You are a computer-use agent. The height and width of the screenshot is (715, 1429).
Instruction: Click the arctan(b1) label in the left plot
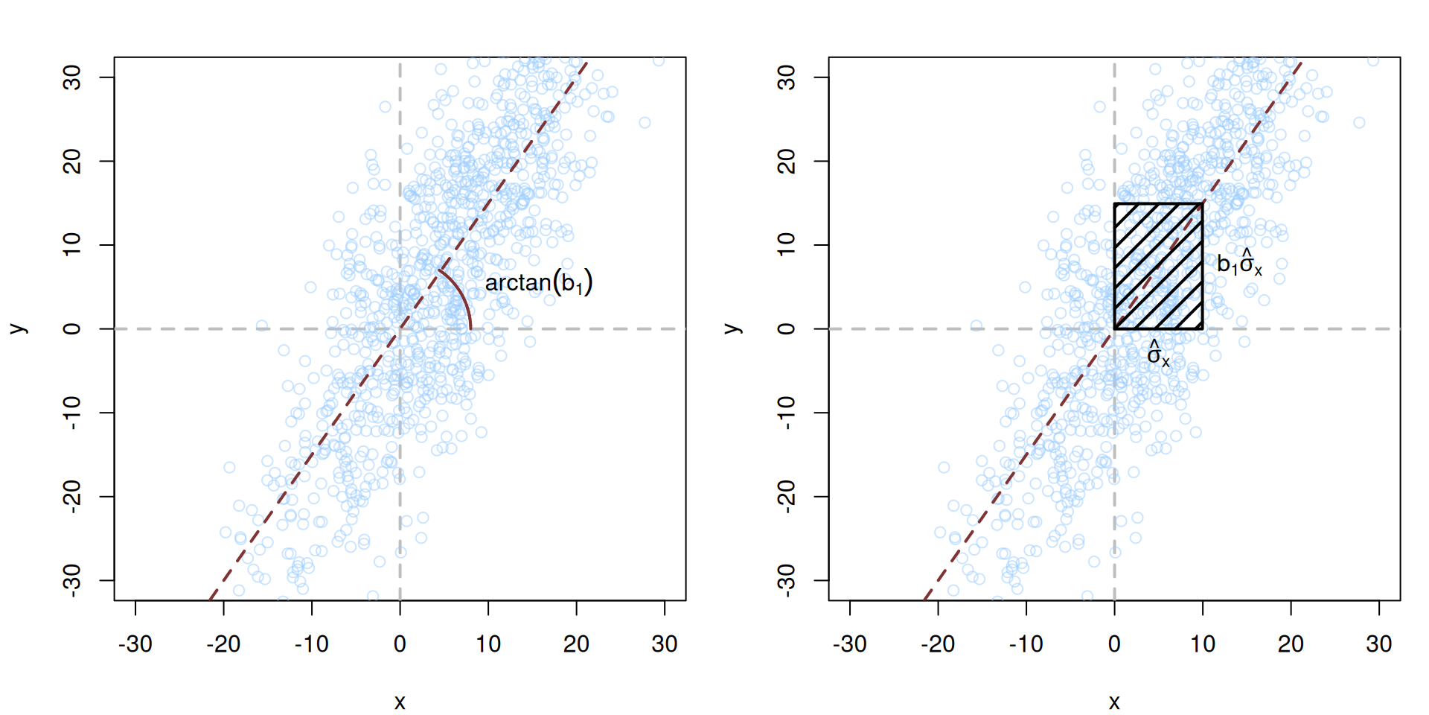(538, 283)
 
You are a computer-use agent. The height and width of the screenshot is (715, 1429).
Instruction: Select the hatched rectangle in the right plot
(1158, 266)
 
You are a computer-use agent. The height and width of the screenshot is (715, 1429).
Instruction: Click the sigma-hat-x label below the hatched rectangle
(1158, 355)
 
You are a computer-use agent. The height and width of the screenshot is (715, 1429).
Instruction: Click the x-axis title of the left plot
(400, 702)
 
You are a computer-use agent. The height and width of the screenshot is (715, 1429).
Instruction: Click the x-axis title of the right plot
(1114, 702)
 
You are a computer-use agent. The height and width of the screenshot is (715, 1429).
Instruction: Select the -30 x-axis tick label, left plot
(135, 644)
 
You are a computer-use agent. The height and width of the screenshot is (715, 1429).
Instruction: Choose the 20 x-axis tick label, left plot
(576, 644)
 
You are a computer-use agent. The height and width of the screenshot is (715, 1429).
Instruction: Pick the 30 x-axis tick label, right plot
(1378, 644)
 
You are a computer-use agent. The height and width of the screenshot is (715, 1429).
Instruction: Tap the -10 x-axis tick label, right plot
(1026, 644)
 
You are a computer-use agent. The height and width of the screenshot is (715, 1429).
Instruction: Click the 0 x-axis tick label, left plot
(400, 644)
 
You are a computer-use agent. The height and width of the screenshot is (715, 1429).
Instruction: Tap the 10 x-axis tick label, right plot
(1203, 644)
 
